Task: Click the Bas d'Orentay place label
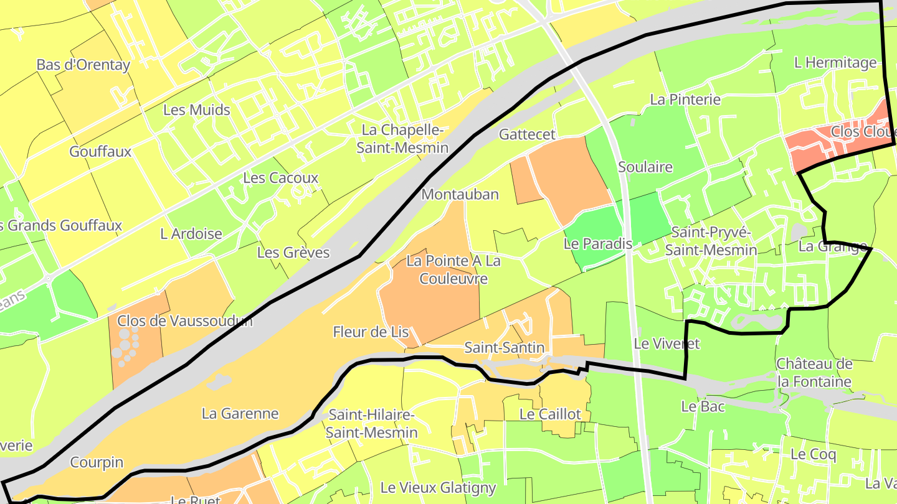click(x=83, y=65)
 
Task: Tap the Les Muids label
click(x=196, y=110)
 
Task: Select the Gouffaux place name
click(x=100, y=152)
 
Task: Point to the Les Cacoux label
click(x=280, y=178)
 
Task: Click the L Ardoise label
click(x=191, y=234)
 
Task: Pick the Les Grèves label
click(x=293, y=253)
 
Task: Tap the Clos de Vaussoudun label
click(x=185, y=321)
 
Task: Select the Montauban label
click(x=460, y=194)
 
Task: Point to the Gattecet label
click(x=527, y=134)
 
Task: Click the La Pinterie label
click(x=685, y=100)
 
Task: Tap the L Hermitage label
click(x=835, y=63)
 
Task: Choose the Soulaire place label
click(x=645, y=167)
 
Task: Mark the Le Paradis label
click(x=597, y=244)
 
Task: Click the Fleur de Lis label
click(x=371, y=332)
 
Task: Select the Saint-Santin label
click(x=505, y=348)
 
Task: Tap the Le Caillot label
click(x=550, y=414)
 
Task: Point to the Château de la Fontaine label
click(x=814, y=373)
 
